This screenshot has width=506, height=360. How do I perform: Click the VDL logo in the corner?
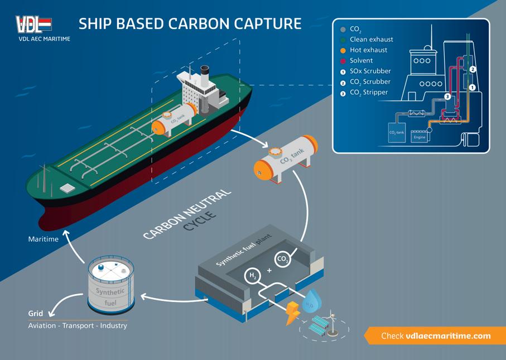pyautogui.click(x=34, y=25)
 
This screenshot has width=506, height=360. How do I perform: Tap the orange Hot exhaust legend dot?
pyautogui.click(x=343, y=50)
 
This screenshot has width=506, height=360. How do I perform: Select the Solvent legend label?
pyautogui.click(x=361, y=60)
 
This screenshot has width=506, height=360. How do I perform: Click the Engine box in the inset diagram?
pyautogui.click(x=419, y=136)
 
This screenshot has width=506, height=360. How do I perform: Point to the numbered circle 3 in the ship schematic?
pyautogui.click(x=447, y=96)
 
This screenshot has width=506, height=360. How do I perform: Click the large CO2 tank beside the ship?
pyautogui.click(x=285, y=159)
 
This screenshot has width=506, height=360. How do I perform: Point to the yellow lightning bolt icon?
pyautogui.click(x=292, y=313)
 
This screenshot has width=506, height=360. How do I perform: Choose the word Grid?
pyautogui.click(x=36, y=314)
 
